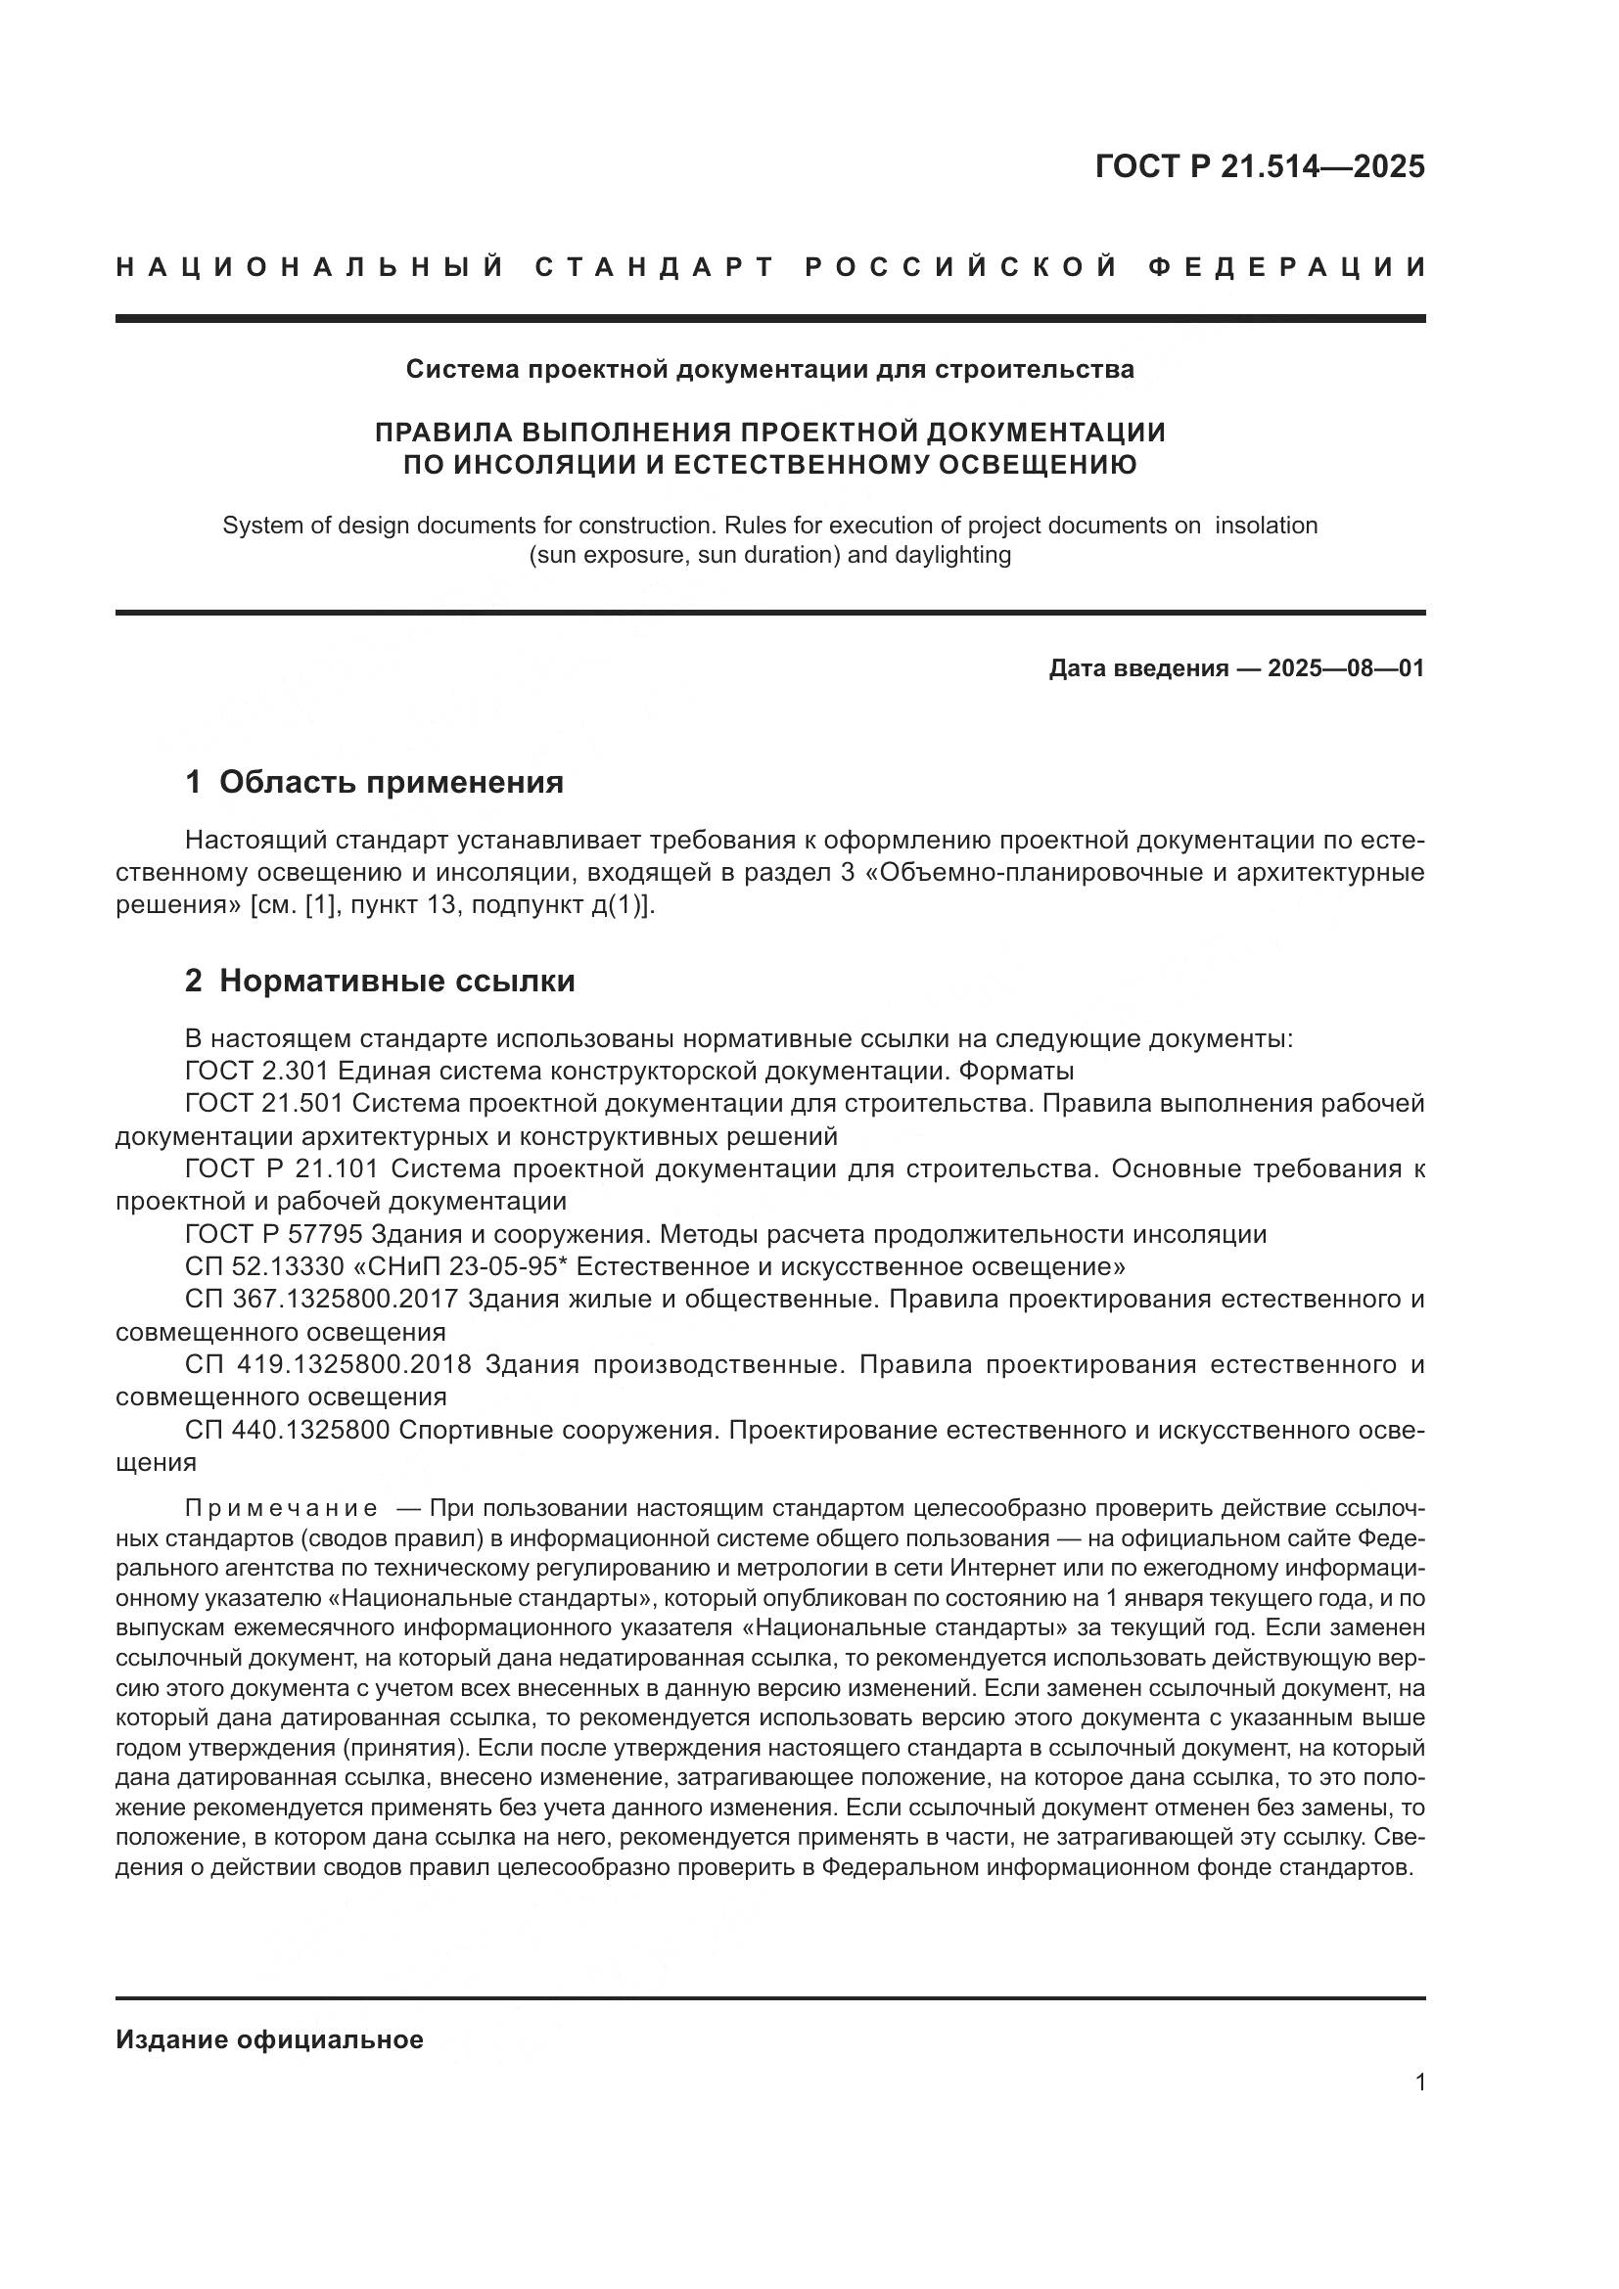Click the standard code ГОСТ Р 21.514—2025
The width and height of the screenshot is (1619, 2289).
[1259, 166]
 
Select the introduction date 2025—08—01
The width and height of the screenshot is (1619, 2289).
[1346, 668]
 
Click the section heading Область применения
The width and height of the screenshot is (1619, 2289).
[391, 782]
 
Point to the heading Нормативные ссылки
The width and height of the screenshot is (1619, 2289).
[396, 981]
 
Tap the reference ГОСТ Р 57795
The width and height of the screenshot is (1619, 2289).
[274, 1234]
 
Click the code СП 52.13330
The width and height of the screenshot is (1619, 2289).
[266, 1267]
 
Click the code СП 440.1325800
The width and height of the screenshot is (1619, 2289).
[287, 1430]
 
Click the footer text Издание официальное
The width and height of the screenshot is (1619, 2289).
[269, 2039]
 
